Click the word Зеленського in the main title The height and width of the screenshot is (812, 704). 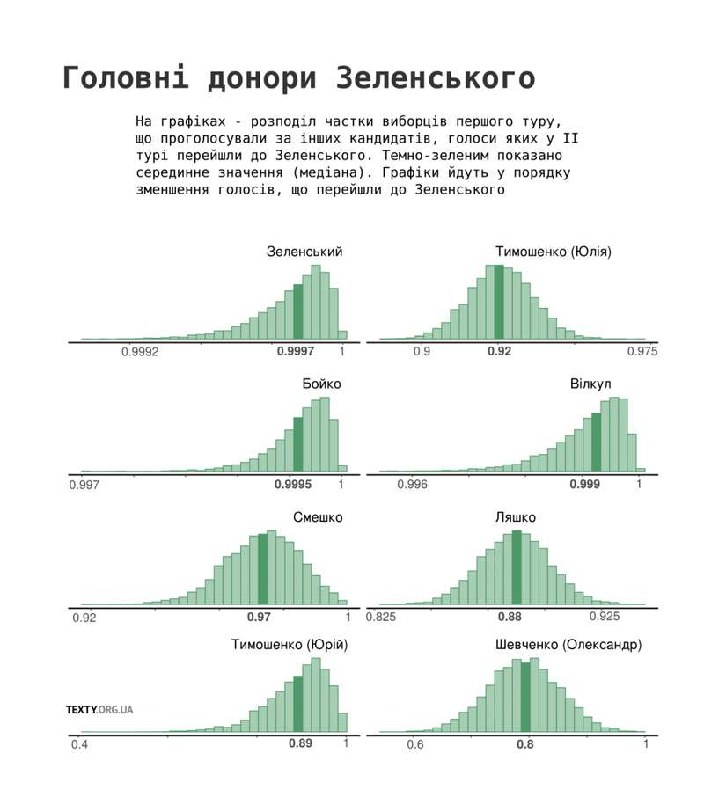point(436,77)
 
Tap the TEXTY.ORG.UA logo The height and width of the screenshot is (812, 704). point(99,709)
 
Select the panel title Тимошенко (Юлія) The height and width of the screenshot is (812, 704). point(553,252)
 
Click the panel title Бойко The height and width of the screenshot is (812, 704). point(321,384)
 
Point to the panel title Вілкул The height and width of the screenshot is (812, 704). point(590,384)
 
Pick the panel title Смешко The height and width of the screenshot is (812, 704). point(318,516)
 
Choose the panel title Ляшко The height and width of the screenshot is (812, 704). point(516,516)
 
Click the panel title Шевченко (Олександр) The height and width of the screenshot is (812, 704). point(569,645)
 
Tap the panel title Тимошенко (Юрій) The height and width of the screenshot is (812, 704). point(290,645)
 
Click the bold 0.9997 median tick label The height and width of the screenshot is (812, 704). point(295,351)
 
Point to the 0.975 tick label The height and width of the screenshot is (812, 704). point(642,351)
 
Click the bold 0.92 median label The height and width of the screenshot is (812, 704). point(499,351)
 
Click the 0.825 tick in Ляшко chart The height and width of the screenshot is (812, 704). point(381,616)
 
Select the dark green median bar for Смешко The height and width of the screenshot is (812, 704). point(262,568)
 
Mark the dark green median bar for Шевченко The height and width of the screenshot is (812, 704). point(525,696)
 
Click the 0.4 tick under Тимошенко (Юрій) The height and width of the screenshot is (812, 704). point(79,744)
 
